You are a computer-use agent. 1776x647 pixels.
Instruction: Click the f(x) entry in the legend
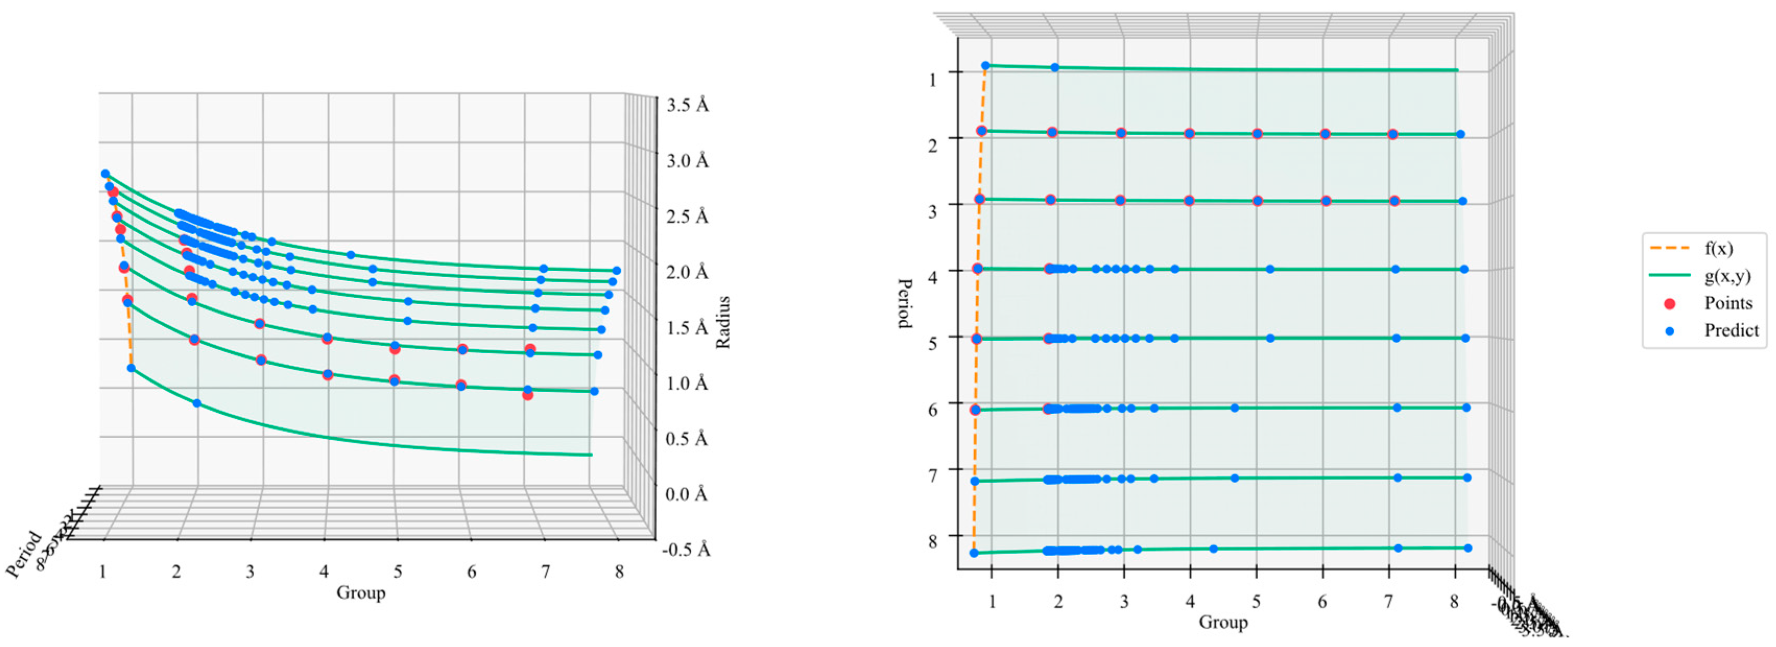1718,248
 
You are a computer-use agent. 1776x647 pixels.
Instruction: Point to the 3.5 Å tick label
687,105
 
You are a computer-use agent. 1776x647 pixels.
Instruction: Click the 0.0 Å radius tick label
687,494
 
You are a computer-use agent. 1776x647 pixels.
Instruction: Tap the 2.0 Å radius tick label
687,272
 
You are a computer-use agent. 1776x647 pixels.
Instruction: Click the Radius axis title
723,322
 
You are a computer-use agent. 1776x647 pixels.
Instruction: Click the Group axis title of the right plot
1223,622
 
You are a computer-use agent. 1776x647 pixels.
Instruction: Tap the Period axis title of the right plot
905,304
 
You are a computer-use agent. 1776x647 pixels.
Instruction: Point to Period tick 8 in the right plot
932,542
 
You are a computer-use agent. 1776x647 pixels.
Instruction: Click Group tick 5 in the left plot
398,572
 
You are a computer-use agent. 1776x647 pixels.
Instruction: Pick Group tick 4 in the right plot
1190,602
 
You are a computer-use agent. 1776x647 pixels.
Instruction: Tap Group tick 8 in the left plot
619,572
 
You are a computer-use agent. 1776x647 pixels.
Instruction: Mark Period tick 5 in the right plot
932,343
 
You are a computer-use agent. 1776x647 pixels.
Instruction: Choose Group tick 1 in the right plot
992,602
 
